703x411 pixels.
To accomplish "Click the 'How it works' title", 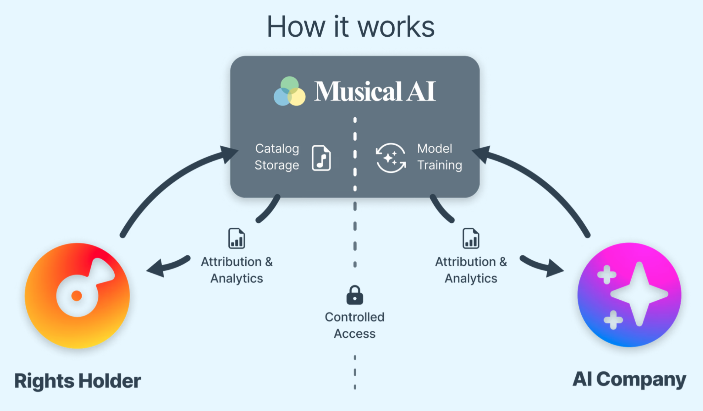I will [350, 27].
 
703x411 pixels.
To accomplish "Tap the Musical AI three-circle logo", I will [289, 91].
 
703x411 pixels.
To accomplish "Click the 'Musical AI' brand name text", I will [375, 91].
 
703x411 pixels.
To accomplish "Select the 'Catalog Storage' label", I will [277, 157].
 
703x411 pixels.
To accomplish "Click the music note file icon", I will [321, 158].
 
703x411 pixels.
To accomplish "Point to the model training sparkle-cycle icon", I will [391, 158].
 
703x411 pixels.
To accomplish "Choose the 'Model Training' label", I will [439, 157].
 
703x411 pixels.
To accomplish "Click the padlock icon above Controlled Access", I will [354, 295].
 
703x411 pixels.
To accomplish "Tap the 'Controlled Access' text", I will [354, 325].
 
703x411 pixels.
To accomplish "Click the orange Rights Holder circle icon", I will [77, 296].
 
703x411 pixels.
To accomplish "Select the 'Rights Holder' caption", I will [77, 381].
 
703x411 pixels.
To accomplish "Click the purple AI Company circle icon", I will [629, 295].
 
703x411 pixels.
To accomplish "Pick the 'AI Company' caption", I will [629, 380].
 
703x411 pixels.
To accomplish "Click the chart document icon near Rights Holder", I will [236, 238].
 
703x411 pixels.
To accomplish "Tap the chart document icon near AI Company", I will [471, 238].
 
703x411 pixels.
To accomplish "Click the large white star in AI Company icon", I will [639, 294].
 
